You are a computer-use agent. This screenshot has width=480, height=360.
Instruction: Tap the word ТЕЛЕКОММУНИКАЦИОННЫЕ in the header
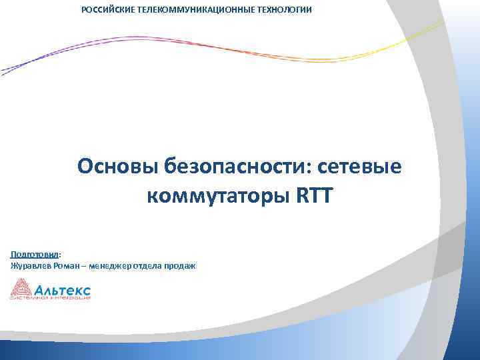pyautogui.click(x=198, y=10)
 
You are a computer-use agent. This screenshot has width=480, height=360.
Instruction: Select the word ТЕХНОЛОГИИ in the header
pyautogui.click(x=287, y=10)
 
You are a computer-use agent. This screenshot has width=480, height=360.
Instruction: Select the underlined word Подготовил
pyautogui.click(x=34, y=254)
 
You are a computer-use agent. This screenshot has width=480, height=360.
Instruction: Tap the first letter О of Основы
pyautogui.click(x=85, y=165)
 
